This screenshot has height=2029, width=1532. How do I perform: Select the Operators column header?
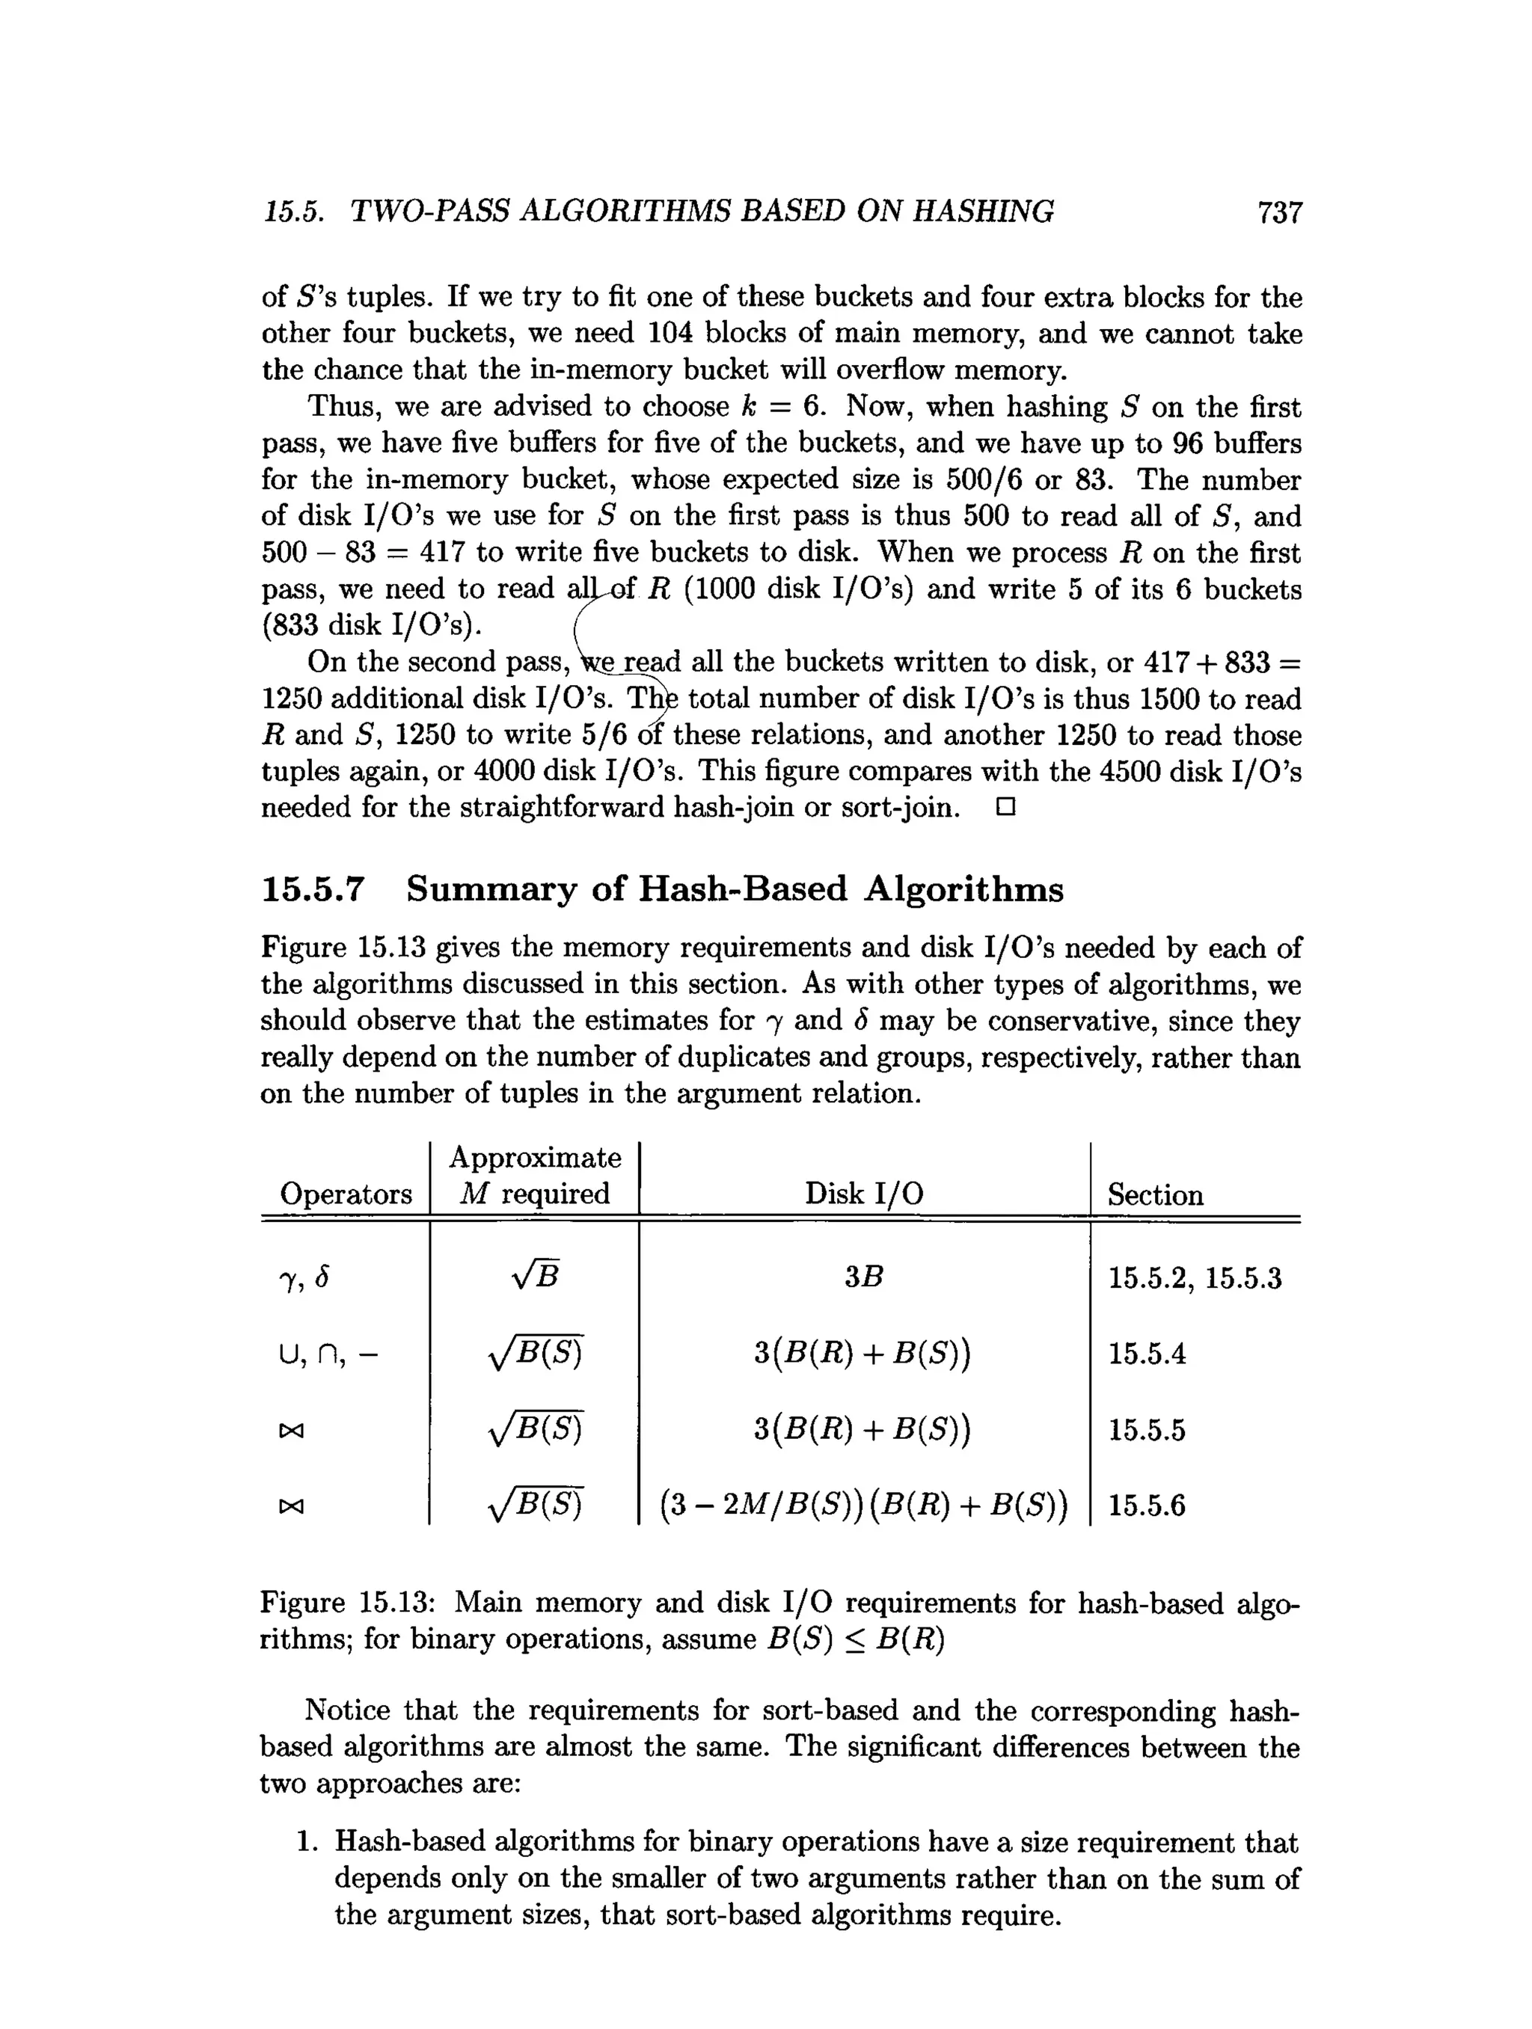click(x=346, y=1194)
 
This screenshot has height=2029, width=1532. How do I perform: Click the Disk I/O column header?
click(x=863, y=1194)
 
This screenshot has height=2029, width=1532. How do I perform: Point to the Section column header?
click(x=1155, y=1194)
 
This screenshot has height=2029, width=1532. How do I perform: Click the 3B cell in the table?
click(x=863, y=1277)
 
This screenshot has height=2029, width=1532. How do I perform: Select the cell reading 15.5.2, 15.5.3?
click(x=1195, y=1278)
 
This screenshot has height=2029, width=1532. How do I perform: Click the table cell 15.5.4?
click(x=1147, y=1353)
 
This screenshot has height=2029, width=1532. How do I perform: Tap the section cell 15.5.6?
click(x=1147, y=1505)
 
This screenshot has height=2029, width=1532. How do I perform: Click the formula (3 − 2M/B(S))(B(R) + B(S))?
click(x=863, y=1505)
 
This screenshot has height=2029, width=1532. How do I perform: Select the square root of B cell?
click(x=535, y=1276)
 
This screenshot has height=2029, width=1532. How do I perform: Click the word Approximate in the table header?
click(x=535, y=1158)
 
